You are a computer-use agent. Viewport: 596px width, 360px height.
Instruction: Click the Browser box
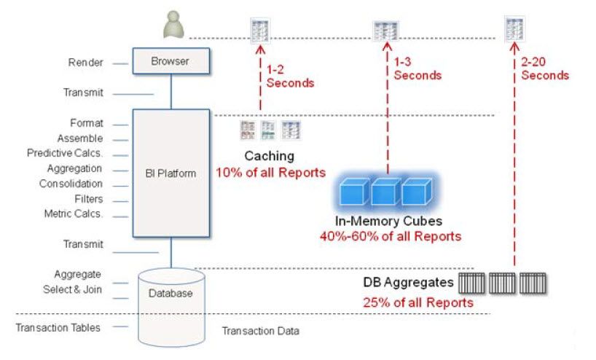click(170, 61)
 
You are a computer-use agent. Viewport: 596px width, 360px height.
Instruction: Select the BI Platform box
click(170, 173)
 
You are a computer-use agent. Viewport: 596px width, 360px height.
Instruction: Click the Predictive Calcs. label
click(66, 153)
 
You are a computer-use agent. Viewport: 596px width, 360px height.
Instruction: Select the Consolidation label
click(71, 184)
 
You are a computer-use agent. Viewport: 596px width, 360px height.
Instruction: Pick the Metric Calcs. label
click(74, 214)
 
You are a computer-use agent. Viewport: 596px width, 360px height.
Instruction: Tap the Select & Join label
click(73, 289)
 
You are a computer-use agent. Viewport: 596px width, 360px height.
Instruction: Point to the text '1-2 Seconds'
click(290, 76)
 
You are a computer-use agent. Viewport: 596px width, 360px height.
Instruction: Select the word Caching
click(270, 156)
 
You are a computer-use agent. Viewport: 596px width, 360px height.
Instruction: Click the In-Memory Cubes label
click(389, 221)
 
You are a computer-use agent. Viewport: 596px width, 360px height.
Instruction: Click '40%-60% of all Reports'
click(391, 236)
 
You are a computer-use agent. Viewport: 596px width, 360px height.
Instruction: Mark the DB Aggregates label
click(409, 282)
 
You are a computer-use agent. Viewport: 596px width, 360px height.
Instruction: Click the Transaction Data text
click(260, 331)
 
